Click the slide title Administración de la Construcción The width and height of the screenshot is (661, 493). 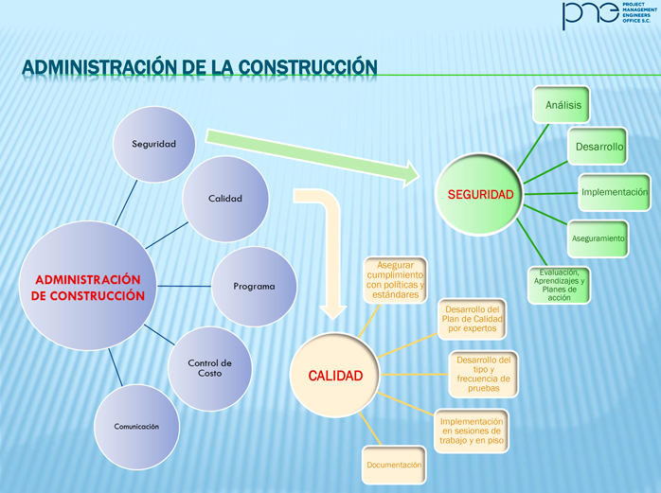pyautogui.click(x=199, y=67)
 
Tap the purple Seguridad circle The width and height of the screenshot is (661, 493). pyautogui.click(x=154, y=143)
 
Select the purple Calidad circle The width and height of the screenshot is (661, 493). pyautogui.click(x=225, y=198)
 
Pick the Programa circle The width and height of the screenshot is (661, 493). pyautogui.click(x=254, y=286)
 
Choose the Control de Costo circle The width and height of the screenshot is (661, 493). pyautogui.click(x=210, y=368)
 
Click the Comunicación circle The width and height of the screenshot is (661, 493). pyautogui.click(x=136, y=426)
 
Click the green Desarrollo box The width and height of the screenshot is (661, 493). pyautogui.click(x=598, y=147)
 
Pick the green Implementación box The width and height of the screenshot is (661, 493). pyautogui.click(x=614, y=192)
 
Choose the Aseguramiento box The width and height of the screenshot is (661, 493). pyautogui.click(x=597, y=238)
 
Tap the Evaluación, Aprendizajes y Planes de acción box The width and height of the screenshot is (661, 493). pyautogui.click(x=559, y=284)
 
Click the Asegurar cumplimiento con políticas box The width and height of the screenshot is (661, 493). pyautogui.click(x=396, y=280)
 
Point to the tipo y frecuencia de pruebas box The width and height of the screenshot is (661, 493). pyautogui.click(x=483, y=373)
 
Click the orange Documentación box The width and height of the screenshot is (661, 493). pyautogui.click(x=393, y=466)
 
